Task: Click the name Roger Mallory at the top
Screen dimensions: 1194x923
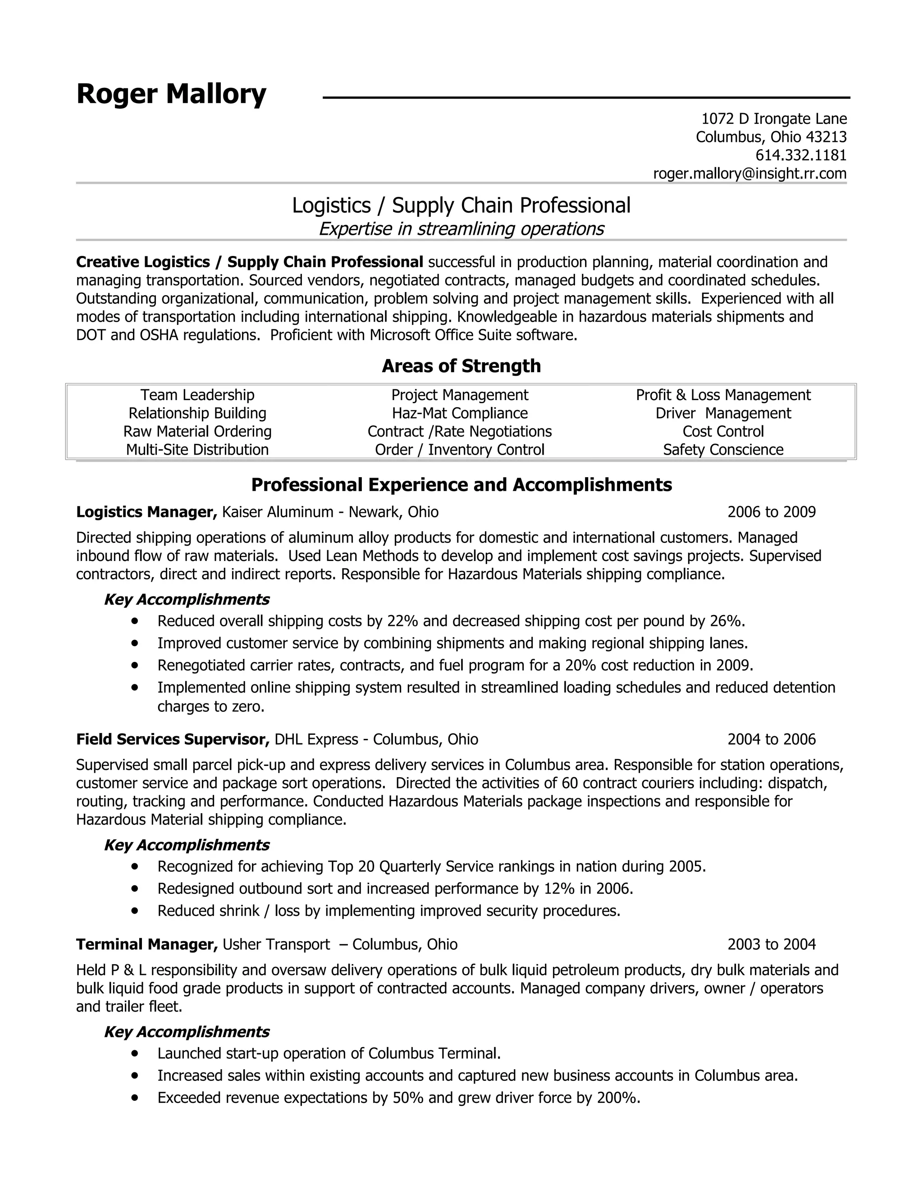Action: (171, 94)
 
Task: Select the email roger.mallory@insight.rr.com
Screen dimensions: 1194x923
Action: (749, 174)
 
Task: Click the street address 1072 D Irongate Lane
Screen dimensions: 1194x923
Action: (774, 118)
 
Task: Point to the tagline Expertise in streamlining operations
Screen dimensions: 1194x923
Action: (461, 228)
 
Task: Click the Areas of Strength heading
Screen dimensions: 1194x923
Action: (461, 366)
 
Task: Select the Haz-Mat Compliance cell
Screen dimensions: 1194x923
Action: (459, 413)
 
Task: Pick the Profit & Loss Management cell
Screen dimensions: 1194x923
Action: (723, 395)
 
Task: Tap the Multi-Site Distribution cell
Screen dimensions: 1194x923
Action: (197, 450)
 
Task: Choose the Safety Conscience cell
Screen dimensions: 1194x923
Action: (723, 450)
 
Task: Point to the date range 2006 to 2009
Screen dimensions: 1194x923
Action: (771, 512)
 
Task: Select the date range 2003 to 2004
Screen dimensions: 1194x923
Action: (771, 945)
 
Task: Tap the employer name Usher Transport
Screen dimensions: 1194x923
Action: (276, 945)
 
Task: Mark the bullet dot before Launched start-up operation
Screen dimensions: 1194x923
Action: (134, 1053)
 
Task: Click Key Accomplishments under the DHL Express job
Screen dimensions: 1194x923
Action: (187, 845)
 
